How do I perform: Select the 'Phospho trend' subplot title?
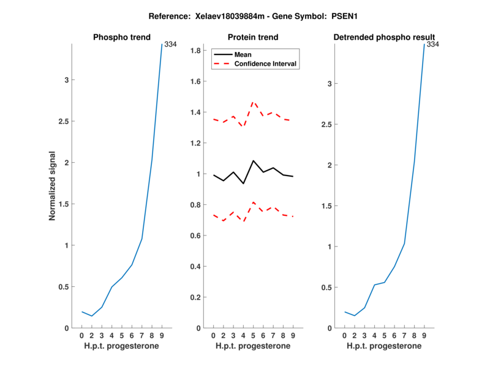pyautogui.click(x=121, y=37)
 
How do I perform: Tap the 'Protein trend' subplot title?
pyautogui.click(x=252, y=37)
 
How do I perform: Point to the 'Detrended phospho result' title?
pyautogui.click(x=384, y=37)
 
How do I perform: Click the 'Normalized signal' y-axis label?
pyautogui.click(x=53, y=186)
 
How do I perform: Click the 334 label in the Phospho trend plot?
pyautogui.click(x=170, y=44)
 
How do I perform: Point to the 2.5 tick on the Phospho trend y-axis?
pyautogui.click(x=62, y=121)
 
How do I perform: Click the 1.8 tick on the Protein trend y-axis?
pyautogui.click(x=196, y=50)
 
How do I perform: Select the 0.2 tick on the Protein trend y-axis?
pyautogui.click(x=196, y=297)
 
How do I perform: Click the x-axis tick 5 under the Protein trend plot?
pyautogui.click(x=253, y=336)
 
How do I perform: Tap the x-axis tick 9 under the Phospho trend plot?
pyautogui.click(x=162, y=336)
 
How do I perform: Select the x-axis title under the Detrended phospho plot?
pyautogui.click(x=384, y=346)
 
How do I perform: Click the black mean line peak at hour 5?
pyautogui.click(x=253, y=161)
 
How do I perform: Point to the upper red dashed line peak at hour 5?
pyautogui.click(x=253, y=102)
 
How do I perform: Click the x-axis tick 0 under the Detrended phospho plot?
pyautogui.click(x=345, y=336)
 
